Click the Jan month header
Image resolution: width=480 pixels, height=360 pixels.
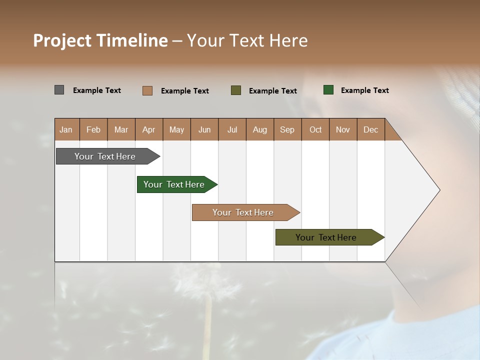click(x=66, y=129)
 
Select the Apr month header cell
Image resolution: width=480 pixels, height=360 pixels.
click(x=149, y=129)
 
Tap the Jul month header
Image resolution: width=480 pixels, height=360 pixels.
click(x=232, y=129)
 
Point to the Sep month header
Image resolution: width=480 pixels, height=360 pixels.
click(x=287, y=129)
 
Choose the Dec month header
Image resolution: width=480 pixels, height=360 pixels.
click(x=370, y=129)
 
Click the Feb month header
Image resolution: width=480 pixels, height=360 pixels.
click(x=93, y=129)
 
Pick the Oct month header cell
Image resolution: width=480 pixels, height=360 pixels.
click(x=315, y=129)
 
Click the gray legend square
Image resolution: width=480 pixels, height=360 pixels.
click(x=59, y=90)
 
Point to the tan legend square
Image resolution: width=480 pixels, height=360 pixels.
click(x=147, y=90)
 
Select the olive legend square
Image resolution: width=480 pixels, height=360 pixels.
click(x=236, y=90)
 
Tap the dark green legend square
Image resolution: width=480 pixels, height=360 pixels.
click(x=328, y=90)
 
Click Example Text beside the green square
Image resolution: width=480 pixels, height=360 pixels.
click(x=364, y=90)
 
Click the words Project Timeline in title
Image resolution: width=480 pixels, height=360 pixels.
click(x=100, y=40)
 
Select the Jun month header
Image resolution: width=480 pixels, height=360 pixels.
click(x=204, y=129)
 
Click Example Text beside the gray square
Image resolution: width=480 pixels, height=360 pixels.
click(x=97, y=90)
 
